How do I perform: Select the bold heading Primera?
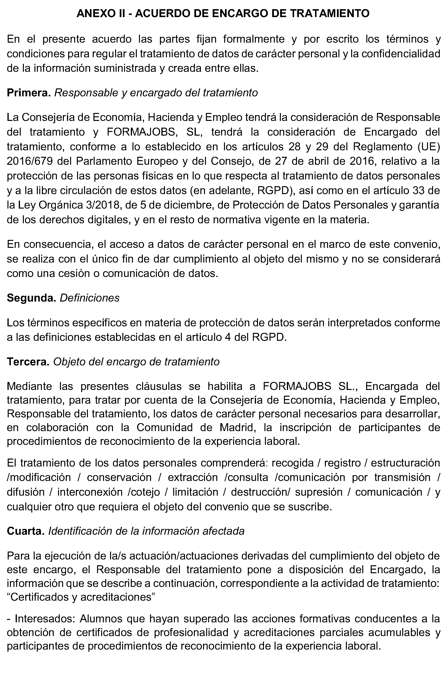pos(29,93)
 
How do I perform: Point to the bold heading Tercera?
pos(28,362)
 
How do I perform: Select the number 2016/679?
pos(30,161)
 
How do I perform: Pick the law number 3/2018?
pos(103,205)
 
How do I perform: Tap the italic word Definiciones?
pos(90,298)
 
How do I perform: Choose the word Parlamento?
pos(104,161)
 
